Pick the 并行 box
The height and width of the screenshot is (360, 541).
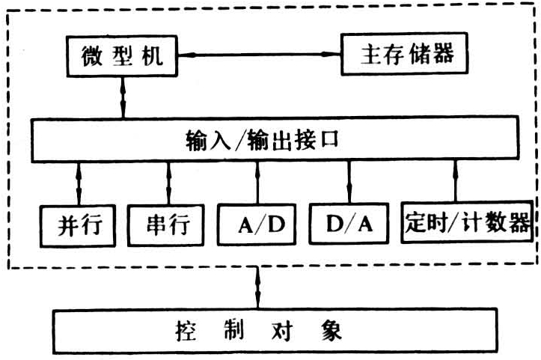point(79,224)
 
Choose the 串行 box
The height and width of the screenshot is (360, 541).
point(168,224)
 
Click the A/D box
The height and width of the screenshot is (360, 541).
point(257,223)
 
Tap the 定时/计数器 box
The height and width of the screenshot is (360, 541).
point(468,223)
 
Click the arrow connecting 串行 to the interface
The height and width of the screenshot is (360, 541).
point(168,182)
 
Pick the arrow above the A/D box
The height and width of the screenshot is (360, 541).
point(257,182)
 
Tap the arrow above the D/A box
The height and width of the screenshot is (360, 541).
point(349,182)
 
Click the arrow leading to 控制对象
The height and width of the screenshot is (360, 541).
point(258,287)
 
